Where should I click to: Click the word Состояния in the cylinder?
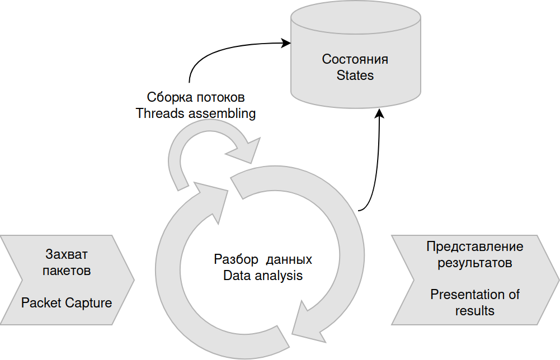click(x=355, y=59)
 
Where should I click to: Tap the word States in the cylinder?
click(x=355, y=75)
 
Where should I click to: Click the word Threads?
click(x=159, y=113)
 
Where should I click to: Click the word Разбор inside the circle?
click(x=236, y=260)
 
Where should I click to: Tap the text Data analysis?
click(x=263, y=276)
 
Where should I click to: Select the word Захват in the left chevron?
click(x=67, y=255)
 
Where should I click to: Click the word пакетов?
click(x=67, y=271)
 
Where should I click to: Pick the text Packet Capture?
click(x=67, y=303)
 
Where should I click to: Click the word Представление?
click(x=475, y=247)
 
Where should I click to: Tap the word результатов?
click(x=475, y=262)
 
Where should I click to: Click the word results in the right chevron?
click(x=475, y=310)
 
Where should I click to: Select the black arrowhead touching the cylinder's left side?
click(x=286, y=42)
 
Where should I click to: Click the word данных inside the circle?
click(x=289, y=260)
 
